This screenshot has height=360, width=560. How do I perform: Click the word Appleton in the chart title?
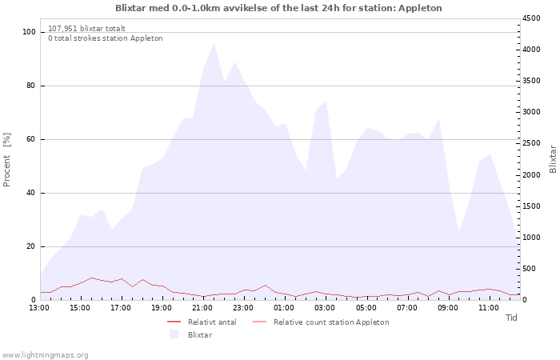click(420, 8)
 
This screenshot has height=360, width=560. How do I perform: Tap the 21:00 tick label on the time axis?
click(202, 308)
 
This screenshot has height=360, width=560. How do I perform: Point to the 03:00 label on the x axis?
click(325, 308)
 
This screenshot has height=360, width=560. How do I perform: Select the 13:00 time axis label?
click(39, 308)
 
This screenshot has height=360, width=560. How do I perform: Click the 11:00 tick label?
click(489, 308)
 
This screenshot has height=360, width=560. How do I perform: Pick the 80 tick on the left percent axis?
click(30, 86)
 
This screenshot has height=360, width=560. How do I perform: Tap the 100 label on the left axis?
click(29, 32)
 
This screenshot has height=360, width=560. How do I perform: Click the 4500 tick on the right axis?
click(531, 18)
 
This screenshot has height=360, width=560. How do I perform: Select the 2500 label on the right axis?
click(531, 143)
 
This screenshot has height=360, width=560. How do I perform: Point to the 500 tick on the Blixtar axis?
click(530, 269)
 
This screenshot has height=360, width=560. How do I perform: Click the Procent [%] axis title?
click(6, 160)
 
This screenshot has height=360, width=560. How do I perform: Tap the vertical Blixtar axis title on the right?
click(553, 159)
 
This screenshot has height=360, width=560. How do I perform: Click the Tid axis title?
click(511, 318)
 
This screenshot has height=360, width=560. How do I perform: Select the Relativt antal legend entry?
click(202, 322)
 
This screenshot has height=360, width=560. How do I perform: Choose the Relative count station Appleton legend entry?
click(321, 322)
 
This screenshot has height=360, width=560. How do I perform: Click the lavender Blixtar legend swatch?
click(174, 334)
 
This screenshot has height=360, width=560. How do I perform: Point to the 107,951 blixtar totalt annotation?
click(86, 29)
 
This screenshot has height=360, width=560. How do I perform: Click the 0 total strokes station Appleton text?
click(106, 38)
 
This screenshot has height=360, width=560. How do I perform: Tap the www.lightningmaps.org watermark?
click(44, 355)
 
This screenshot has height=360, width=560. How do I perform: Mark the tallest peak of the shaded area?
click(214, 43)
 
